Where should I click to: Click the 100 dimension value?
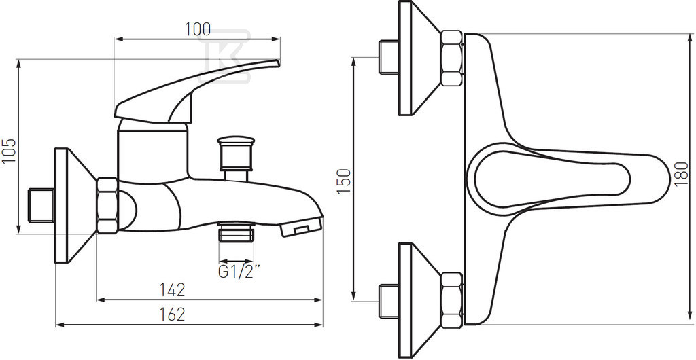point(198,29)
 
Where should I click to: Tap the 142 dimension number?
point(172,290)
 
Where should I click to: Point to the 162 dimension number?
point(172,314)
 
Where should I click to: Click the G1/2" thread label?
point(239,271)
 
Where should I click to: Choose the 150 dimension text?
point(344,181)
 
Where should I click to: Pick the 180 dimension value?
point(681,175)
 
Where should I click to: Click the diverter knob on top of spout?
point(236,154)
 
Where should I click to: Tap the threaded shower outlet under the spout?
point(236,232)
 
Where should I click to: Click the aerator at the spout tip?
point(302,228)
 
